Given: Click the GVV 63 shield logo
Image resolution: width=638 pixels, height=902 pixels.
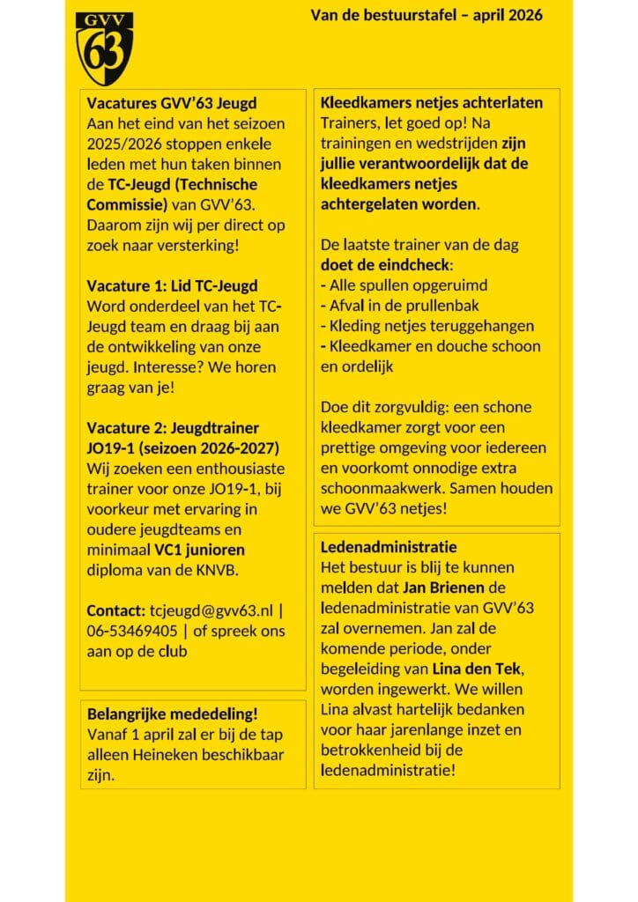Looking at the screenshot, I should pos(104,48).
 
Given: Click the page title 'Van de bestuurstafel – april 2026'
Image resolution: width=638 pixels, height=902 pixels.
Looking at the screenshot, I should pos(427,15).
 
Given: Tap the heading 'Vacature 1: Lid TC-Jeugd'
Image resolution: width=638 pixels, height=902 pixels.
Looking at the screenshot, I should pos(173,285).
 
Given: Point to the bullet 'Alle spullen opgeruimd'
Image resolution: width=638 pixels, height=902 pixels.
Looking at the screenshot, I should pos(407,285).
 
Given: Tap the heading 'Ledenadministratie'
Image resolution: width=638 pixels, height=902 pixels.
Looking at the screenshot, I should pos(389,547).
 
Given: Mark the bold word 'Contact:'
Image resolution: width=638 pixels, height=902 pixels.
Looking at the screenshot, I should pos(115,610).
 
